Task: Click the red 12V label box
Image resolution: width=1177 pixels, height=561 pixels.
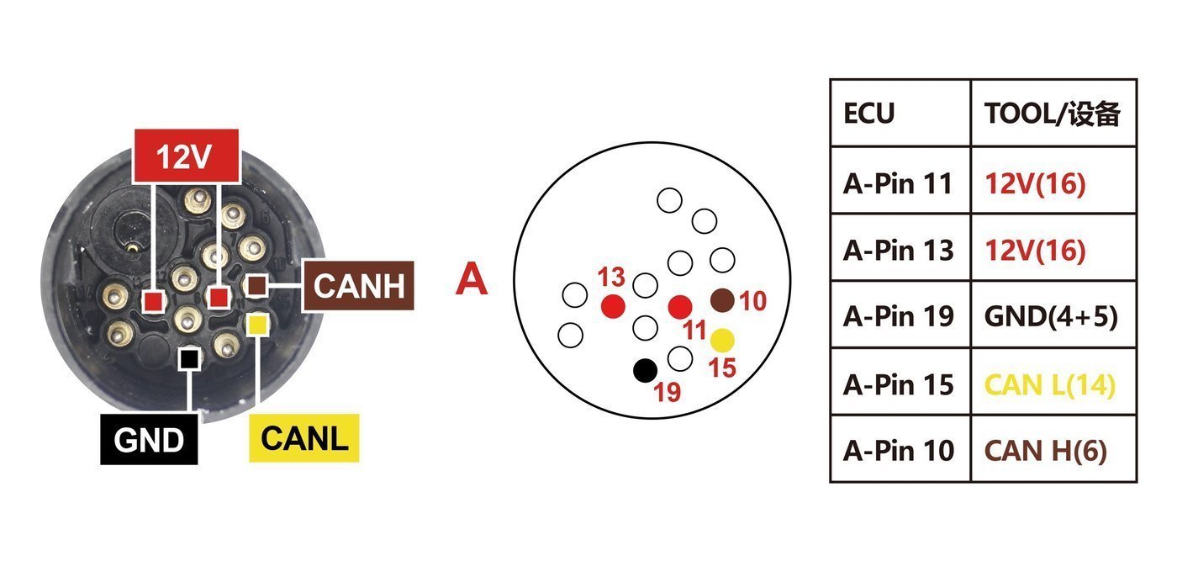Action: (187, 156)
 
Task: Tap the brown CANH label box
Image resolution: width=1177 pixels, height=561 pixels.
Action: (359, 285)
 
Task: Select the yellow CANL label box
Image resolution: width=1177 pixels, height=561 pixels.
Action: (304, 438)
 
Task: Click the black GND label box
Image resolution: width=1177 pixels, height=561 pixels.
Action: (150, 440)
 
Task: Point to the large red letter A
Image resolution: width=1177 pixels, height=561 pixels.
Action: (472, 278)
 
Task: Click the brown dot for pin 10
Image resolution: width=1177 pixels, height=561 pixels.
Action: (722, 300)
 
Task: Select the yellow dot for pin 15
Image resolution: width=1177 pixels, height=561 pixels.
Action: (722, 341)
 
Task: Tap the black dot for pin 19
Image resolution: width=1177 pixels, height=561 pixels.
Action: (646, 371)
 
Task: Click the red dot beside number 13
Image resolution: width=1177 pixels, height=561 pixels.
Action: (613, 306)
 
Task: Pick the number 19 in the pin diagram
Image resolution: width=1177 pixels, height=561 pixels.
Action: (668, 392)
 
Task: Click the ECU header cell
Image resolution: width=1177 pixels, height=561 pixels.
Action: (900, 113)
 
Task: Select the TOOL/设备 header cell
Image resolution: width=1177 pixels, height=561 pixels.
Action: (1053, 113)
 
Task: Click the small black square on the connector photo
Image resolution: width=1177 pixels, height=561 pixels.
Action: (188, 359)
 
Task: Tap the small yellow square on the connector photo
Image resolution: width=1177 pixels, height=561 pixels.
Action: (257, 325)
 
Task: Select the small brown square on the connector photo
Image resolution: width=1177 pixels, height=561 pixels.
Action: (256, 285)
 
